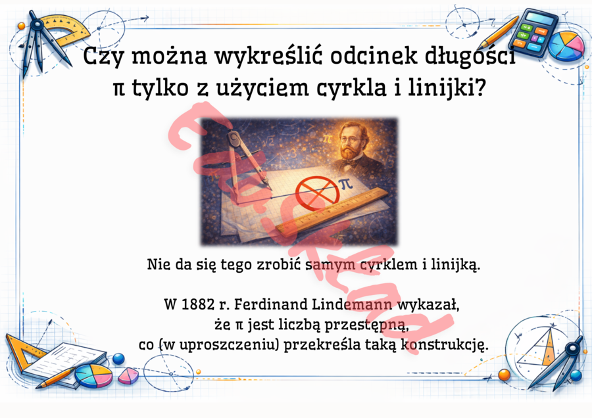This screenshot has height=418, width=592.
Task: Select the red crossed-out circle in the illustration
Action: pyautogui.click(x=316, y=191)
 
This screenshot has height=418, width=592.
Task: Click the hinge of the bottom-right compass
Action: pyautogui.click(x=578, y=342)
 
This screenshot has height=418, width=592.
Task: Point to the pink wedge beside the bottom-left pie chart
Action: pyautogui.click(x=130, y=375)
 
